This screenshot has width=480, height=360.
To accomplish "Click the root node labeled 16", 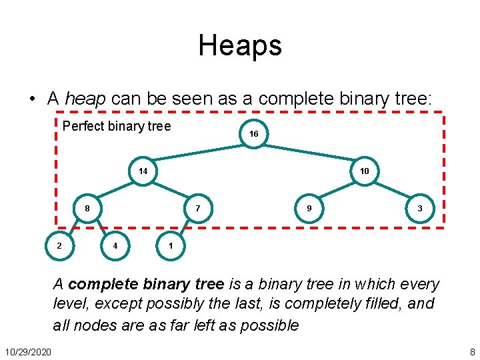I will (x=253, y=134).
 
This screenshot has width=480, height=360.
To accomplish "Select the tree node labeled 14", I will (x=143, y=171).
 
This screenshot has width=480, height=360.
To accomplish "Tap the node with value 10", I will (x=364, y=171).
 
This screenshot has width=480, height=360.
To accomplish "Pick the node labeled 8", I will (x=87, y=209).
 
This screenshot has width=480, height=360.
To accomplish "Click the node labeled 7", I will (x=198, y=209).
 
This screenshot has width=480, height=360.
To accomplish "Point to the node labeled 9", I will (x=309, y=209).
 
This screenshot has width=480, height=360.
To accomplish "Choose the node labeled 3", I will (x=419, y=209).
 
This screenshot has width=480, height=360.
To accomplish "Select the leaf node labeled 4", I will (x=115, y=246).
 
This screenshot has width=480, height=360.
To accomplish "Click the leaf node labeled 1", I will (x=171, y=246).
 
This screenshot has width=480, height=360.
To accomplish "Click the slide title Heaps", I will (x=240, y=45).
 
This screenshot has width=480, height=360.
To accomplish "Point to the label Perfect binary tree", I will (x=117, y=126).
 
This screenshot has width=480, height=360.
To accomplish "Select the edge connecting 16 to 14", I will (x=198, y=153).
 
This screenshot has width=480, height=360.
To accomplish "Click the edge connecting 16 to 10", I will (x=309, y=153).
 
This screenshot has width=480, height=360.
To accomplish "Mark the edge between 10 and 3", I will (x=392, y=190).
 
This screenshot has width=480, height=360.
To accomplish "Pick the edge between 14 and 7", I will (x=171, y=190).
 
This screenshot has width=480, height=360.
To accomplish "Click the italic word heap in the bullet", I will (x=86, y=99).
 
